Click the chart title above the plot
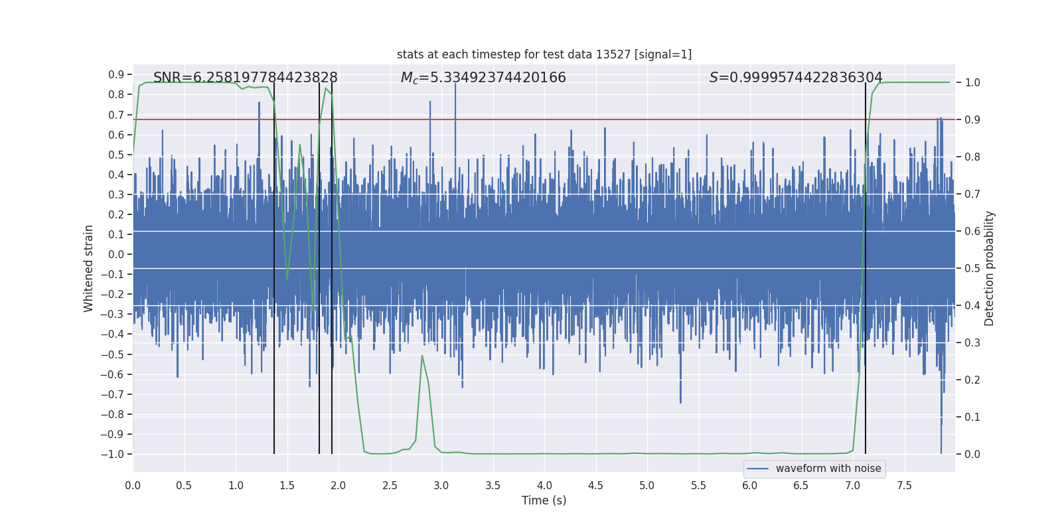(544, 54)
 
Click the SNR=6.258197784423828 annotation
(246, 78)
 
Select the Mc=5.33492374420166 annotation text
(483, 78)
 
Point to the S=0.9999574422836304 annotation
(796, 78)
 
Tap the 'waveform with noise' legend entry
(828, 469)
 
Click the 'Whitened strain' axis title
(89, 268)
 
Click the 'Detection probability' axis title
(990, 268)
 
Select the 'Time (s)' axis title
(544, 500)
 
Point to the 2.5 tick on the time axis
(390, 485)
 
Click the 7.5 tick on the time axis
(904, 485)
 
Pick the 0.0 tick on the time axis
(133, 485)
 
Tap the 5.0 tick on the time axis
(647, 485)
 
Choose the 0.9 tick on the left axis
(116, 74)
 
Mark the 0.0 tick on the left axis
(116, 254)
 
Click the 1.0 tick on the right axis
(972, 82)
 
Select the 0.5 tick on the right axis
(972, 268)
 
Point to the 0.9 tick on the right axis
(972, 119)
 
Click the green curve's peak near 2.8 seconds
(422, 356)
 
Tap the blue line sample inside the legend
(757, 469)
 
